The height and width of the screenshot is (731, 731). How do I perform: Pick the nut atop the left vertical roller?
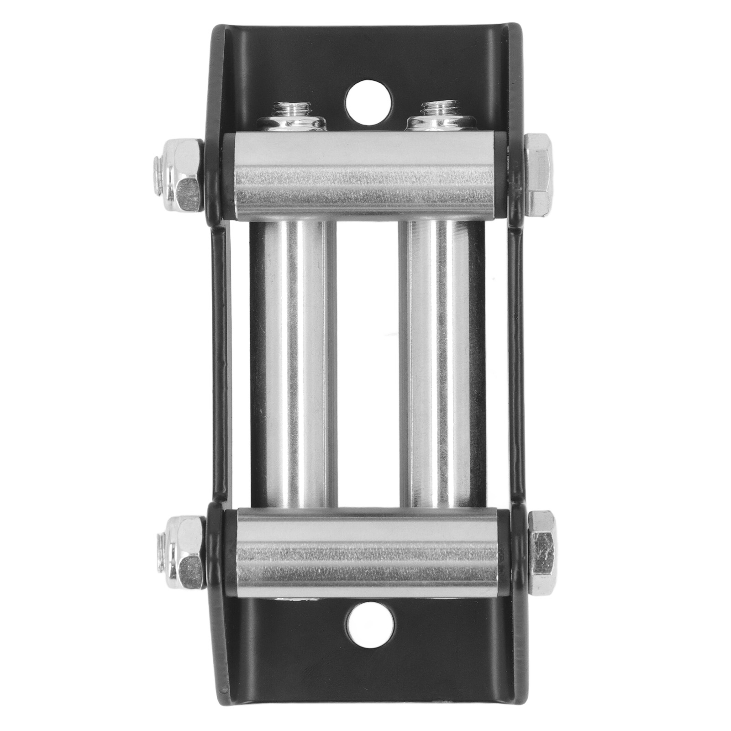(292, 124)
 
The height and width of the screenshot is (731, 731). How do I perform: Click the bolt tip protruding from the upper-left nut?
(158, 176)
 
